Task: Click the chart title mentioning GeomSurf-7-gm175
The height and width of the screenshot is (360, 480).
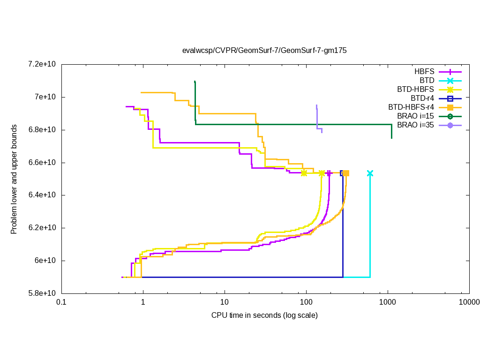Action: (264, 50)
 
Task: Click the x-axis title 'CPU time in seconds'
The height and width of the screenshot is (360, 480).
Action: (264, 315)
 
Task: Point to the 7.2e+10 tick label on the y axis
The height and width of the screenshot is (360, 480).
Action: (41, 64)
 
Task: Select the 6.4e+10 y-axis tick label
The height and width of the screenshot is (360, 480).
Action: (41, 195)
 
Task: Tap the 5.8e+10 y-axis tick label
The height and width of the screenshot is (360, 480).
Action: (41, 293)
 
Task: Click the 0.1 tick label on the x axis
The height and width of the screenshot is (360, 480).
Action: (61, 303)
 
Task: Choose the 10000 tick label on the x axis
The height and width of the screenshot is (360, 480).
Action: (469, 303)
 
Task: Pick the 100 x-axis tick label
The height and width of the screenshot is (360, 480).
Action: (306, 303)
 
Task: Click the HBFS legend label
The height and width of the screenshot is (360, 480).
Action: (424, 72)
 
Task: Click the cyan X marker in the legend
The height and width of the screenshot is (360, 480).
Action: (450, 81)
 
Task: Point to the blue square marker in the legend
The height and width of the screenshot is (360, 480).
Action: (450, 98)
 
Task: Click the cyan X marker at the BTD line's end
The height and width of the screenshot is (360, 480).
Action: (370, 173)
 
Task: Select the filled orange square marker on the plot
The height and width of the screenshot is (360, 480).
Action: (346, 173)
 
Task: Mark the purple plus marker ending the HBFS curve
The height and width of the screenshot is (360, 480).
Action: (329, 173)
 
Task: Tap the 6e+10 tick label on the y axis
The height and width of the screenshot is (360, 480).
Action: (45, 261)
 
